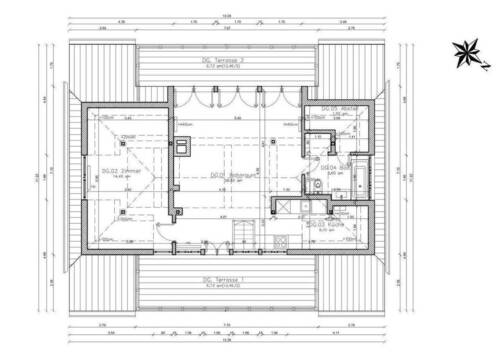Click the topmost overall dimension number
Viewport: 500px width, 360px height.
click(227, 14)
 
